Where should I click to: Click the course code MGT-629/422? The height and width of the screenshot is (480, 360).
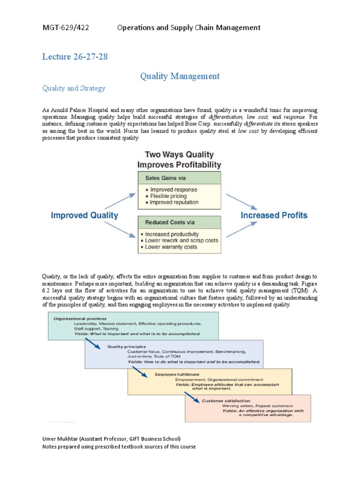click(x=66, y=28)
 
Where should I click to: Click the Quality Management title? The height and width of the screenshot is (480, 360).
click(x=180, y=75)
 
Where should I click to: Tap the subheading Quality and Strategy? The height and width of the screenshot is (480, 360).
click(x=74, y=88)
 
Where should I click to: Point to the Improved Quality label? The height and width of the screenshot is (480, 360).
click(x=84, y=216)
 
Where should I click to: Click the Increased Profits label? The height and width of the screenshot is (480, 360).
click(x=274, y=216)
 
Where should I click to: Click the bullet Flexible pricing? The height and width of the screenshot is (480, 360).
click(x=167, y=196)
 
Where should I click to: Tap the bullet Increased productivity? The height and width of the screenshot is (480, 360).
click(x=172, y=234)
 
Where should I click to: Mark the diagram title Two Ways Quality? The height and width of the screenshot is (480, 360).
click(x=179, y=154)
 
